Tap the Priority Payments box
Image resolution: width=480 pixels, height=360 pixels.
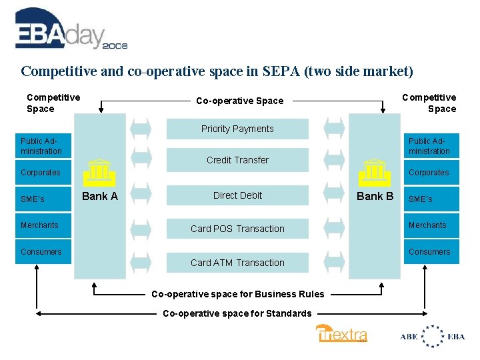(237, 129)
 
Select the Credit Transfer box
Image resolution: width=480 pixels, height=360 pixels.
(237, 160)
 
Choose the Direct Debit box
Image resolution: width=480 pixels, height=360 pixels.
(237, 195)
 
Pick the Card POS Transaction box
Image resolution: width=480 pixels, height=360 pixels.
(237, 229)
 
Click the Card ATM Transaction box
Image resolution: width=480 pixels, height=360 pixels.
(237, 263)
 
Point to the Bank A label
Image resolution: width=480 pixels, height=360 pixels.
(99, 196)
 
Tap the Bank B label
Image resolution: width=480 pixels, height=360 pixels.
(375, 196)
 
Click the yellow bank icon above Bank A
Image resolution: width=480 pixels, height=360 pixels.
(99, 172)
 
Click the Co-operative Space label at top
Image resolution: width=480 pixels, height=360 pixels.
(239, 101)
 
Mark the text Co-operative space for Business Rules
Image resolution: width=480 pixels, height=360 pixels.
(237, 294)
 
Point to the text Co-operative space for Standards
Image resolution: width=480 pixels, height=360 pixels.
(237, 313)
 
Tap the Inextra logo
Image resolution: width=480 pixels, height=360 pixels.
(341, 333)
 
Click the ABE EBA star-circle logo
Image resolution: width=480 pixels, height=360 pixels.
(432, 336)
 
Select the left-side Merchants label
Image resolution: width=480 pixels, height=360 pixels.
(39, 225)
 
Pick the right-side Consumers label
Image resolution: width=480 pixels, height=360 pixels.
(429, 252)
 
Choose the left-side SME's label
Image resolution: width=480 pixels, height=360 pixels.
(33, 199)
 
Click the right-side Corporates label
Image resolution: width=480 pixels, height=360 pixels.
(429, 173)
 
